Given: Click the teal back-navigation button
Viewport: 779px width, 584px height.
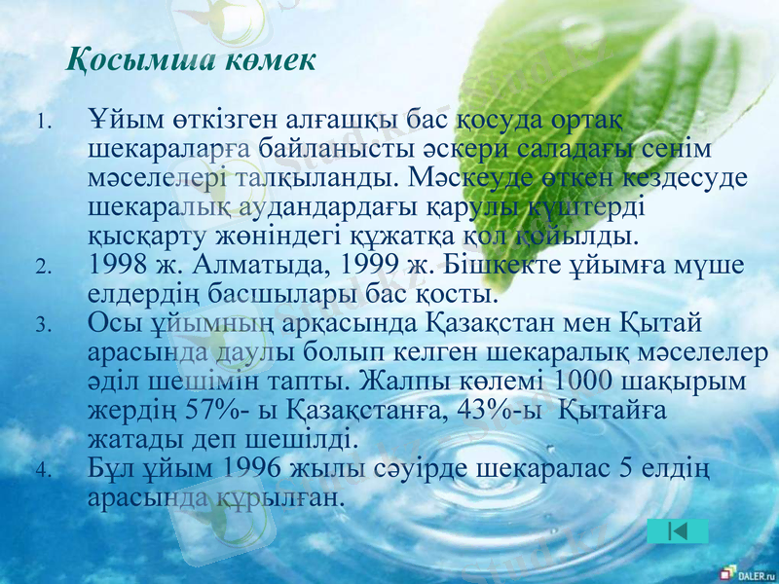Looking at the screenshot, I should click(x=677, y=531).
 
